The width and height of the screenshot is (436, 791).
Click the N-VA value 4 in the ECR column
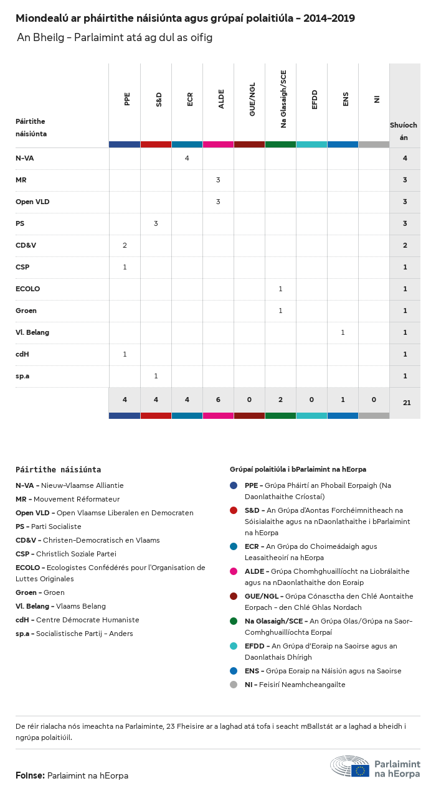[187, 158]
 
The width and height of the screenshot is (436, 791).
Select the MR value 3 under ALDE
[218, 180]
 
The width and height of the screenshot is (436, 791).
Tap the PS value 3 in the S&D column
[156, 223]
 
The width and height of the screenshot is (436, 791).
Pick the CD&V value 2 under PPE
[125, 245]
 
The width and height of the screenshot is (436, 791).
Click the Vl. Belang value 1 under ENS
[343, 332]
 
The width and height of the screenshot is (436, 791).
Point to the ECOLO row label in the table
[27, 289]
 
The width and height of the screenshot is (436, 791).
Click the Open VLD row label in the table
[32, 202]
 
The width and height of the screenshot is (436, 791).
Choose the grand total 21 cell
[407, 403]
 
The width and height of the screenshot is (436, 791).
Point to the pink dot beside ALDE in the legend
[234, 571]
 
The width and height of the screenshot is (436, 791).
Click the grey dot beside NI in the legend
[234, 685]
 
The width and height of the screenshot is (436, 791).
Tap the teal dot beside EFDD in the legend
[234, 646]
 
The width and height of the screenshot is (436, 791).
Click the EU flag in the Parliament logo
[360, 770]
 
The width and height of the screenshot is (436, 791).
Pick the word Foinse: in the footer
[30, 775]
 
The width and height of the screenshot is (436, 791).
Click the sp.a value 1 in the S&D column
[156, 376]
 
